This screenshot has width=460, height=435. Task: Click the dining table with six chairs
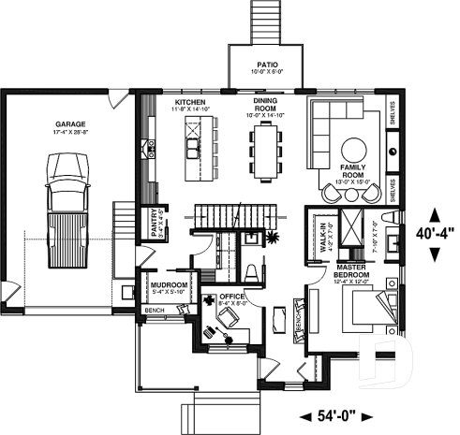pyautogui.click(x=266, y=151)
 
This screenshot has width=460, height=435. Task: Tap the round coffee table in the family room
pyautogui.click(x=354, y=151)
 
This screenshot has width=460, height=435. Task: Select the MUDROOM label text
pyautogui.click(x=171, y=284)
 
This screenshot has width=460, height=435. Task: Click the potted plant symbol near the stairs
pyautogui.click(x=273, y=237)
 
